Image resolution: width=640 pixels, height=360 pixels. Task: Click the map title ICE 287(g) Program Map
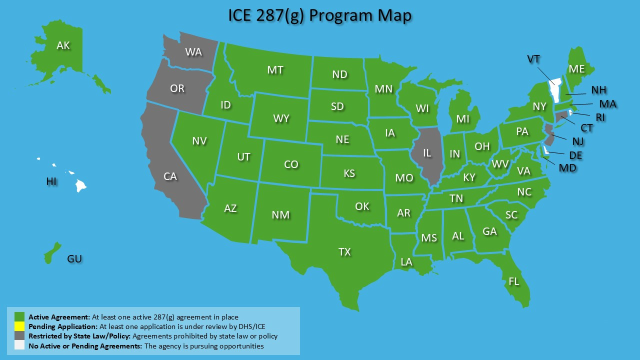[x=320, y=15]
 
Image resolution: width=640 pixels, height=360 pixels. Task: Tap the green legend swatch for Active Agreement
[x=19, y=317]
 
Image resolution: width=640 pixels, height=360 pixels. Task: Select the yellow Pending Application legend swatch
[x=19, y=326]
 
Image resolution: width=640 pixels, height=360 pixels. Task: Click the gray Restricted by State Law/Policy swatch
[x=19, y=336]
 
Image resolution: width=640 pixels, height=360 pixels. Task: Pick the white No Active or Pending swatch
[x=19, y=345]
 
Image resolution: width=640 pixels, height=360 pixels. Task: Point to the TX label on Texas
[x=344, y=251]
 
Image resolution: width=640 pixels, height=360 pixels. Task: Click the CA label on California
[x=170, y=176]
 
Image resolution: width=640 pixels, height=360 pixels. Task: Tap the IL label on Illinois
[x=427, y=153]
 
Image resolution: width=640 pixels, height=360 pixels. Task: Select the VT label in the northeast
[x=533, y=59]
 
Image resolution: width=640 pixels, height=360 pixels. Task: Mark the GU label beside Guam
[x=74, y=259]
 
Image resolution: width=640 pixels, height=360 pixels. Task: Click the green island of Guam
[x=52, y=253]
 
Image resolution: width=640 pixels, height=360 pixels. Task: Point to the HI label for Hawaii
[x=51, y=181]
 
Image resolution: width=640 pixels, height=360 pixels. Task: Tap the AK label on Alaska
[x=63, y=45]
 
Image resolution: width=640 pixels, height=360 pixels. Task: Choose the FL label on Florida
[x=514, y=281]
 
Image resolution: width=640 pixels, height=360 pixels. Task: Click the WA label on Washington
[x=193, y=51]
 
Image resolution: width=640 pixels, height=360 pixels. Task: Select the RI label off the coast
[x=600, y=117]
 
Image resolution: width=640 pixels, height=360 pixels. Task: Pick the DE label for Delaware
[x=576, y=155]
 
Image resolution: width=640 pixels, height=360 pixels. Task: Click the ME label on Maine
[x=577, y=69]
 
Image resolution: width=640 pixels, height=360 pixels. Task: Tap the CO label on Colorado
[x=291, y=164]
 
